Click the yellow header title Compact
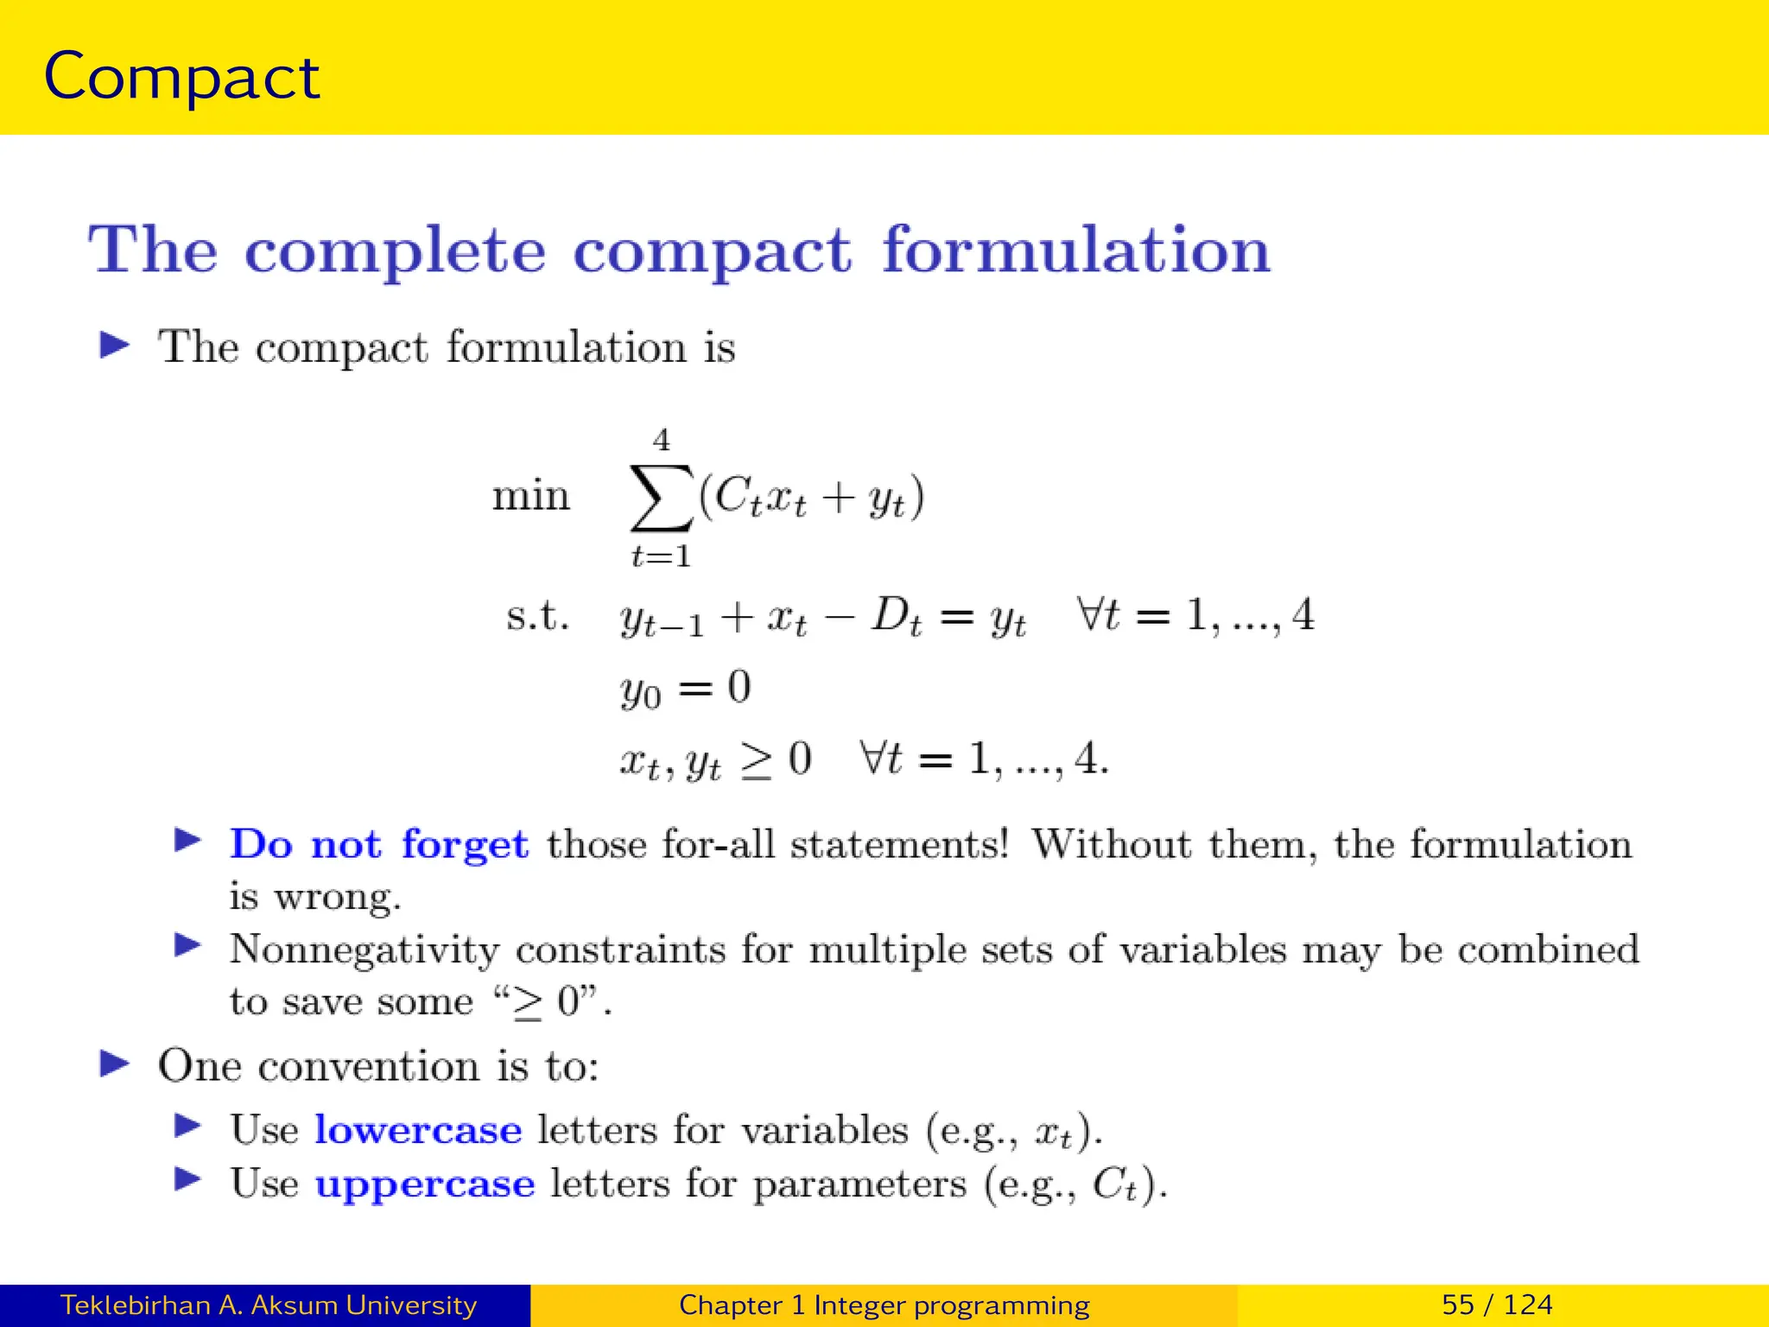pyautogui.click(x=181, y=78)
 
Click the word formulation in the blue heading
pyautogui.click(x=1075, y=251)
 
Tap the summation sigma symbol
pyautogui.click(x=661, y=498)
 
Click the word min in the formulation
pyautogui.click(x=531, y=496)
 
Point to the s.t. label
pyautogui.click(x=537, y=616)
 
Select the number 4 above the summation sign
pyautogui.click(x=662, y=440)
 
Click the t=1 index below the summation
pyautogui.click(x=662, y=556)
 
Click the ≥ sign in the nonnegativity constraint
pyautogui.click(x=757, y=760)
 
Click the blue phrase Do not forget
pyautogui.click(x=378, y=844)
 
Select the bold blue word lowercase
pyautogui.click(x=418, y=1130)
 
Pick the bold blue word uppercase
pyautogui.click(x=425, y=1184)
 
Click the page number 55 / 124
pyautogui.click(x=1497, y=1305)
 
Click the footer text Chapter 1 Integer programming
pyautogui.click(x=884, y=1305)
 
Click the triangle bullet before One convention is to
pyautogui.click(x=114, y=1064)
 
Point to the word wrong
pyautogui.click(x=337, y=898)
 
